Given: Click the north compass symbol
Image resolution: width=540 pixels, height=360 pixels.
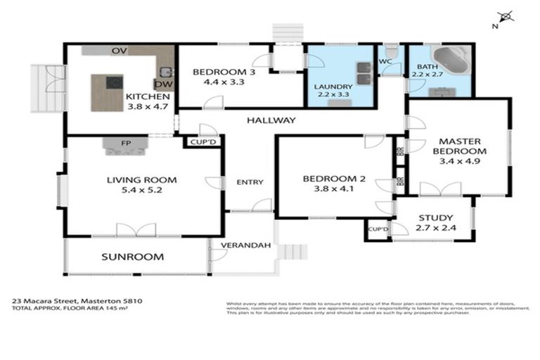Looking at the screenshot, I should point(503,18).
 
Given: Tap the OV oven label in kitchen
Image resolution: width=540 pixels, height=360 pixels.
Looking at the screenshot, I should point(120,51).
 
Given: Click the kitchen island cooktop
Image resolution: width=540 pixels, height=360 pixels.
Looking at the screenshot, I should point(112,83).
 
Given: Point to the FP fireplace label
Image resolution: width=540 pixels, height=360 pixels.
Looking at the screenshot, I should point(127,143).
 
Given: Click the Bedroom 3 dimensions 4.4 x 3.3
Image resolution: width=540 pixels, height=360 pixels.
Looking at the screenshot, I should point(218,82).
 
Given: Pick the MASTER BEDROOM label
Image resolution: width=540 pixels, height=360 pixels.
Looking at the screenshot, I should point(460,146).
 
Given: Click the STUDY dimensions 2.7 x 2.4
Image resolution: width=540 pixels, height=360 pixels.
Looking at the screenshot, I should point(435,229).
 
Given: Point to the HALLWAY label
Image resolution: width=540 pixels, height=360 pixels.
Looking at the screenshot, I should point(271,120).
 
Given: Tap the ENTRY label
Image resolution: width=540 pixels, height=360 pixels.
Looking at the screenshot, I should point(250,182).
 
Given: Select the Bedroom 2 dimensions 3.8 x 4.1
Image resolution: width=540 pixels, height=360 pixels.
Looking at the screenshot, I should point(334,189).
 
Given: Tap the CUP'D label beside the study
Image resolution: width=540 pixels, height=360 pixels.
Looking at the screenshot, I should point(378,229).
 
